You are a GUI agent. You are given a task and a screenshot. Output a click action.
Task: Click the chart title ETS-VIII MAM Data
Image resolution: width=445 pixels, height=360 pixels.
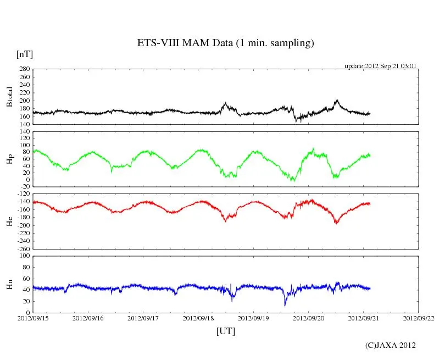pyautogui.click(x=225, y=43)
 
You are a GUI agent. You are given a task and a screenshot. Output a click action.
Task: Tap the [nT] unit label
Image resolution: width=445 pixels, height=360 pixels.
pyautogui.click(x=25, y=54)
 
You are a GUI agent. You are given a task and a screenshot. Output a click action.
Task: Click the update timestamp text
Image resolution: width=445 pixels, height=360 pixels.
pyautogui.click(x=380, y=65)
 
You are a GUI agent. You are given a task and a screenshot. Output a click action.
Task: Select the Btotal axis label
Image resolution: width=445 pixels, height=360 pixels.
pyautogui.click(x=9, y=97)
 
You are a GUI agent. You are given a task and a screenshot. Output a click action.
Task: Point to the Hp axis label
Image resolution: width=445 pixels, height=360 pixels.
pyautogui.click(x=9, y=159)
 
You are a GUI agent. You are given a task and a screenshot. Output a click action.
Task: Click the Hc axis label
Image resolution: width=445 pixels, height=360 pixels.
pyautogui.click(x=9, y=221)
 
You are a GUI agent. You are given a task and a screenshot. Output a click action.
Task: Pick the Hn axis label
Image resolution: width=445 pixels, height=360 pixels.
pyautogui.click(x=9, y=284)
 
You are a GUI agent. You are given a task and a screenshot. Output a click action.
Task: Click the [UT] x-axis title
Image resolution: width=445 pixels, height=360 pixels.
pyautogui.click(x=225, y=331)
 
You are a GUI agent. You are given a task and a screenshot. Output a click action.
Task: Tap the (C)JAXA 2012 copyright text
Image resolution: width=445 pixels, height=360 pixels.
pyautogui.click(x=390, y=345)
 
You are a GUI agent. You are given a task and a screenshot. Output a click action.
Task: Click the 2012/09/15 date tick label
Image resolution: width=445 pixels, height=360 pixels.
pyautogui.click(x=33, y=318)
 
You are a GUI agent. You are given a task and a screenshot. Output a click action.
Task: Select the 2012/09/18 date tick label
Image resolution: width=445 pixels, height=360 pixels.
pyautogui.click(x=198, y=318)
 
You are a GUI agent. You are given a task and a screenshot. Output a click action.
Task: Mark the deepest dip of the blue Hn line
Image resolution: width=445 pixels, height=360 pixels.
pyautogui.click(x=285, y=305)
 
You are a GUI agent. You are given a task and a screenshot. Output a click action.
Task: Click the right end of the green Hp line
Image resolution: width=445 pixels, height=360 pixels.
pyautogui.click(x=370, y=155)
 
